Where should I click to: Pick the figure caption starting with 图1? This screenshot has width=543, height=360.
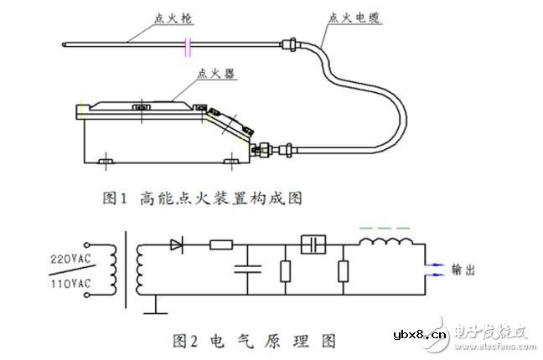(x=201, y=198)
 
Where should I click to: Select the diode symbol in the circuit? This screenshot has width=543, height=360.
(x=177, y=245)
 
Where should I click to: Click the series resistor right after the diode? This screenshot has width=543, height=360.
(x=220, y=245)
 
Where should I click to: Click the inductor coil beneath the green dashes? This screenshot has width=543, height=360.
(x=386, y=244)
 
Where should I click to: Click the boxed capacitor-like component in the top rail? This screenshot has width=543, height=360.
(x=313, y=244)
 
